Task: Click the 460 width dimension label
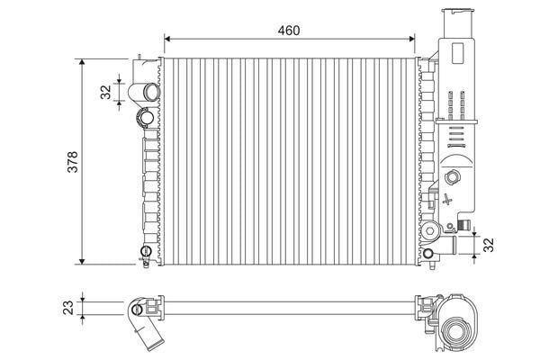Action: [x=289, y=31]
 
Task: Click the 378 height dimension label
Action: [x=73, y=162]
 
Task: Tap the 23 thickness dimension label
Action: [x=68, y=308]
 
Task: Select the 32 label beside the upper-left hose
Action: [x=106, y=92]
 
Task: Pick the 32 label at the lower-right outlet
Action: [x=489, y=245]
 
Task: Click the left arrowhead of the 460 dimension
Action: [x=167, y=39]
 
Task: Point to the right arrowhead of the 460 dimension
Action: [x=412, y=39]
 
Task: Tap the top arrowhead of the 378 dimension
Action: [x=82, y=62]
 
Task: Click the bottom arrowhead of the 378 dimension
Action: [x=82, y=261]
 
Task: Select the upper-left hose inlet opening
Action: [x=151, y=92]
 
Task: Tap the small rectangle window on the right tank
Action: [x=458, y=53]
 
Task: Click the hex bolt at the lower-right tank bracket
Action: [x=429, y=231]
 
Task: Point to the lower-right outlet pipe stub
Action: [x=448, y=245]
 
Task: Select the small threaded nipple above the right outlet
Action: [x=464, y=225]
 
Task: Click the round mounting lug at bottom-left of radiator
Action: [x=146, y=251]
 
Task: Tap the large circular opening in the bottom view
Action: [x=454, y=331]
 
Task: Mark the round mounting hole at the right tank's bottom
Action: [x=427, y=254]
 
